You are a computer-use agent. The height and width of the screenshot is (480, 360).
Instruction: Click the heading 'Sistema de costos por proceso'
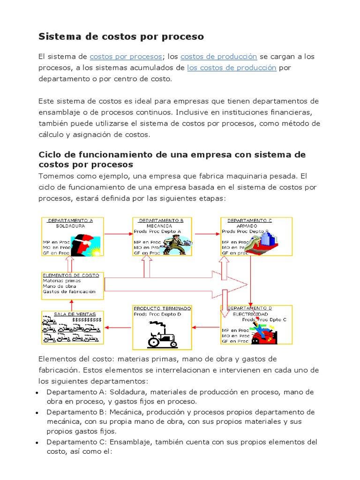121,36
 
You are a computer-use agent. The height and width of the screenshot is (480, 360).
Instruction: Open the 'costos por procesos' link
126,57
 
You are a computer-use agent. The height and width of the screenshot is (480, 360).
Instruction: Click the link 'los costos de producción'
232,68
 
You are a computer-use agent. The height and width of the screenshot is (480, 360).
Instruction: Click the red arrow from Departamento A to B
119,233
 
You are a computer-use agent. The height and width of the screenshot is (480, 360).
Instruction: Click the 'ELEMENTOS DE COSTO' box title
71,275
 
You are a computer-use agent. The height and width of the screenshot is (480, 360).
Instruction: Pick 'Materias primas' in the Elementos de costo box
61,281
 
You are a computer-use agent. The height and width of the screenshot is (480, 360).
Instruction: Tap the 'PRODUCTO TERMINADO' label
162,308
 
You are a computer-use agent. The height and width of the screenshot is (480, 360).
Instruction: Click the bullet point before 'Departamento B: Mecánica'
37,412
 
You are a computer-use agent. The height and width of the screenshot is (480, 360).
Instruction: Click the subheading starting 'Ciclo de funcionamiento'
172,159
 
